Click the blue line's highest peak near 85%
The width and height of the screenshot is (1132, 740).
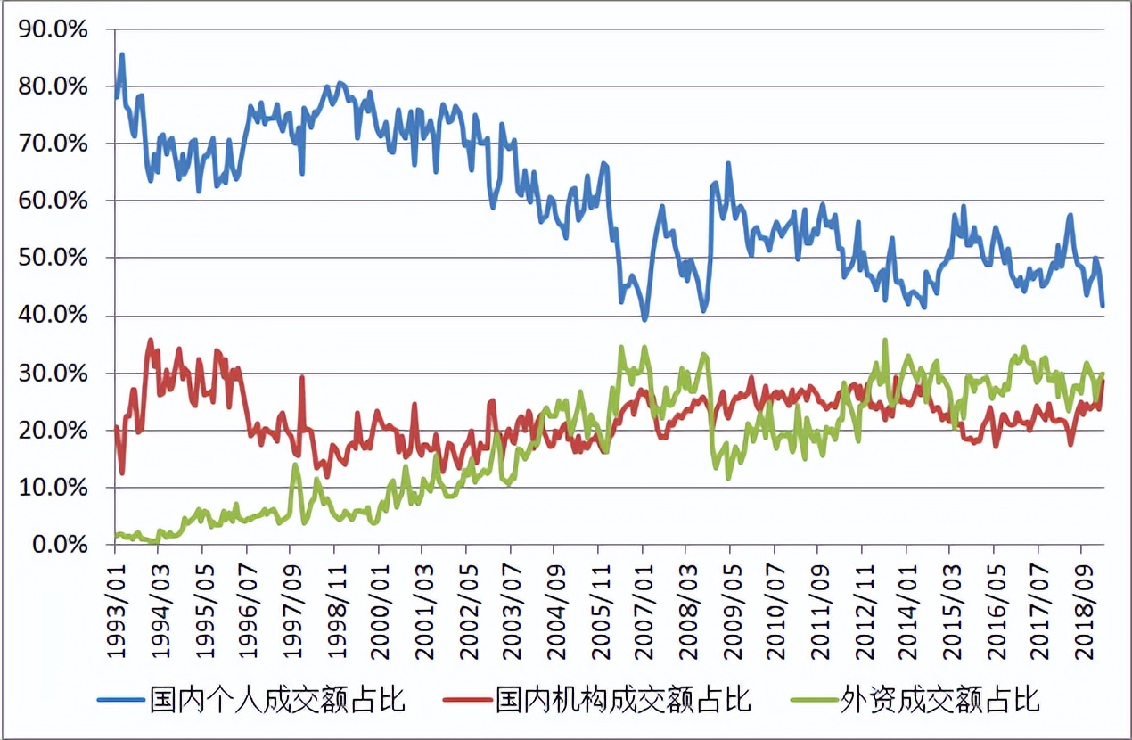point(122,54)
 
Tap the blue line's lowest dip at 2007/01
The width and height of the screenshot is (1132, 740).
point(644,319)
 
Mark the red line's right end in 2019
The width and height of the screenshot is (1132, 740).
point(1103,381)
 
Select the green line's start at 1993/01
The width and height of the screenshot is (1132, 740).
point(116,537)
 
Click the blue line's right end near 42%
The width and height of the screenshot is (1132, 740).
point(1103,306)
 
